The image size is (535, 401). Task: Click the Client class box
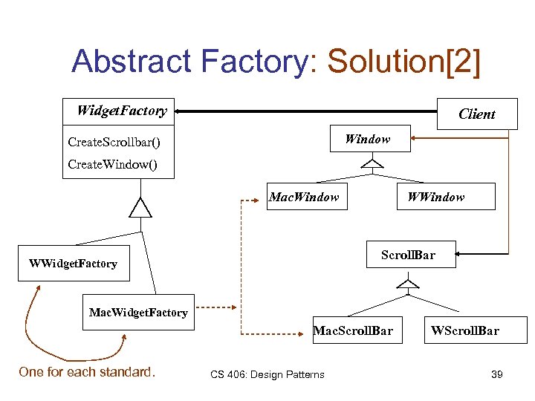tap(476, 114)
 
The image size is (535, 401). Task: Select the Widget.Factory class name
tap(122, 111)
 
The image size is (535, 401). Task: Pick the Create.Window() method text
tap(112, 164)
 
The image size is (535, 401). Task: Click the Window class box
tap(368, 139)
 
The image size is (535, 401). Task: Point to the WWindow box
tap(435, 197)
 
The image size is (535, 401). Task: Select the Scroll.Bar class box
tap(408, 255)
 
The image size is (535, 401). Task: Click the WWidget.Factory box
tap(73, 264)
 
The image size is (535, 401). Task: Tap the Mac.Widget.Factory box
tap(138, 313)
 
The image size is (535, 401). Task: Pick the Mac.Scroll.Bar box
tap(353, 330)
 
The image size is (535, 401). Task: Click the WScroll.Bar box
tap(464, 330)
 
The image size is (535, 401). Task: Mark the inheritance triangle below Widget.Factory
tap(140, 207)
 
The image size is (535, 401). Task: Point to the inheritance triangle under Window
tap(372, 163)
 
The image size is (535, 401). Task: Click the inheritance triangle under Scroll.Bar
tap(407, 281)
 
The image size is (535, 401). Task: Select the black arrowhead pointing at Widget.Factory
tap(181, 111)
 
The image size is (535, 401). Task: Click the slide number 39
tap(496, 374)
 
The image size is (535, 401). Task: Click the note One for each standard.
tap(87, 372)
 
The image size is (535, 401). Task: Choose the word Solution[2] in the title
tap(403, 62)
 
